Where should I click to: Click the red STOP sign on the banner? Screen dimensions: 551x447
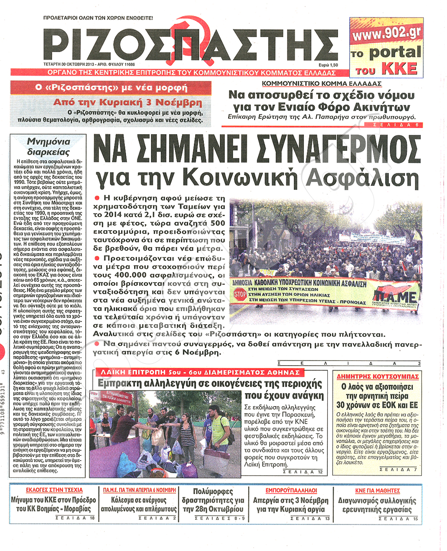[240, 295]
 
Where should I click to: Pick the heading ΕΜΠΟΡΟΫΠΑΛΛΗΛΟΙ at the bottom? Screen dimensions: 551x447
[291, 490]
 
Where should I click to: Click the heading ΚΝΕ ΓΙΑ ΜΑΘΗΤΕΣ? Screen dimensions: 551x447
[378, 490]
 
